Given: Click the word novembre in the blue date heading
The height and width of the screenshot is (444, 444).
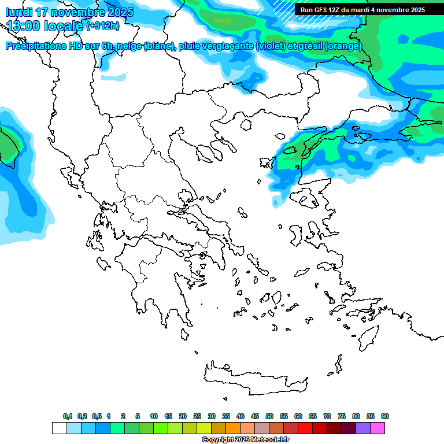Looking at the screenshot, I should tap(78, 12).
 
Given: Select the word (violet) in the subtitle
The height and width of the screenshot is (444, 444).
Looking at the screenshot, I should tap(275, 46).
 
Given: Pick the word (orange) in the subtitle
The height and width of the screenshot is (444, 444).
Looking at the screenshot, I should tap(343, 46).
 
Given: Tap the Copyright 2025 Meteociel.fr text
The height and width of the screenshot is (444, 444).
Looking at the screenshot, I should tap(245, 440).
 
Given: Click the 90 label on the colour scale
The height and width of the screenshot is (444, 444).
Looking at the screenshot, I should tap(385, 416).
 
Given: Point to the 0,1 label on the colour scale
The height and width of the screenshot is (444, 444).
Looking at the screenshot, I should tap(68, 416).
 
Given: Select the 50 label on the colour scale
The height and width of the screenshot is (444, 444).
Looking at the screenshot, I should tap(269, 416).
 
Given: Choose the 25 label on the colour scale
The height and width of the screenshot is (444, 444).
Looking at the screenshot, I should tap(197, 416).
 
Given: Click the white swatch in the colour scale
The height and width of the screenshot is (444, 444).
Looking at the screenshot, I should tap(59, 428).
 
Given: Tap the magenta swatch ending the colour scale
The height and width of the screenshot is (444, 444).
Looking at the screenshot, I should tap(378, 428).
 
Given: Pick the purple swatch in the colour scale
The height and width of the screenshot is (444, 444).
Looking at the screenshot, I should tap(363, 428).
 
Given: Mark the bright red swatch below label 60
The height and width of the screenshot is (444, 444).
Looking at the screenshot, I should tap(305, 428).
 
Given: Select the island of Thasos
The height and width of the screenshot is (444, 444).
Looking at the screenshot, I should tap(246, 124).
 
